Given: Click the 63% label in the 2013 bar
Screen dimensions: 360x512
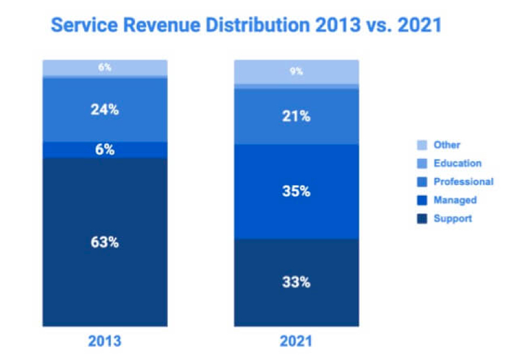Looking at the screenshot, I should tap(105, 242).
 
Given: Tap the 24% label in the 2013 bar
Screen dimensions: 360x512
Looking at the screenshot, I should tap(105, 110).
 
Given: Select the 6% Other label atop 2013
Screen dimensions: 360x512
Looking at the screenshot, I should tap(105, 67).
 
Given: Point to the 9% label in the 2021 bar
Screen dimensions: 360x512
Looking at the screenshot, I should tap(296, 71).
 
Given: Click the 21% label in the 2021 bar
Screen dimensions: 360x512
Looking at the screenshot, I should tap(296, 116).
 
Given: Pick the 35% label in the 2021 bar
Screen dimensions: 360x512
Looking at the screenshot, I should tap(296, 191).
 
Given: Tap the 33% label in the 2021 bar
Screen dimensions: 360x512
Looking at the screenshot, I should tap(296, 282).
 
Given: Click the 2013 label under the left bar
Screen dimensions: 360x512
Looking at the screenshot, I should tap(105, 342).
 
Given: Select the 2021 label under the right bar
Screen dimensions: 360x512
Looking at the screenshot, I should tap(296, 342).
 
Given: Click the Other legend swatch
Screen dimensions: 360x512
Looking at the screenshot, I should tap(423, 145).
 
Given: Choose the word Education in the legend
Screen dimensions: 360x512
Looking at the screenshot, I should tap(457, 163).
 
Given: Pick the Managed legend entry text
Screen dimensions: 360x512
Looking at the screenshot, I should tap(455, 200).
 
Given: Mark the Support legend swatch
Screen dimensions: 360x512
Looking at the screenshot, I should tap(423, 218).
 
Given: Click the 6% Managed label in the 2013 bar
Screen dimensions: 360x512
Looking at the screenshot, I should tap(105, 150).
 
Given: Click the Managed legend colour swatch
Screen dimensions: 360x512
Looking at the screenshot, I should tap(423, 200).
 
